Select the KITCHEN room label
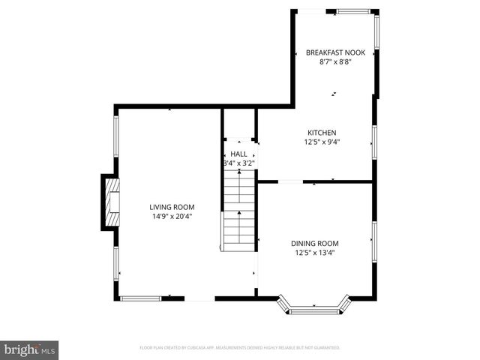[x=320, y=132]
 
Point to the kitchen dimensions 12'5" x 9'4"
[x=320, y=142]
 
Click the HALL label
[x=238, y=154]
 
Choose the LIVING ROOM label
[x=172, y=207]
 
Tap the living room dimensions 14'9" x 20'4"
[x=172, y=217]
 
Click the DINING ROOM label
[x=314, y=243]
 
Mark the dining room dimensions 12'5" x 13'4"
[x=314, y=253]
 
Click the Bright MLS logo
[x=30, y=349]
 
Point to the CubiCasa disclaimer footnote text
[x=240, y=348]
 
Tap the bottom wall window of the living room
[x=140, y=298]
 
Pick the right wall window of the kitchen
[x=373, y=141]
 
